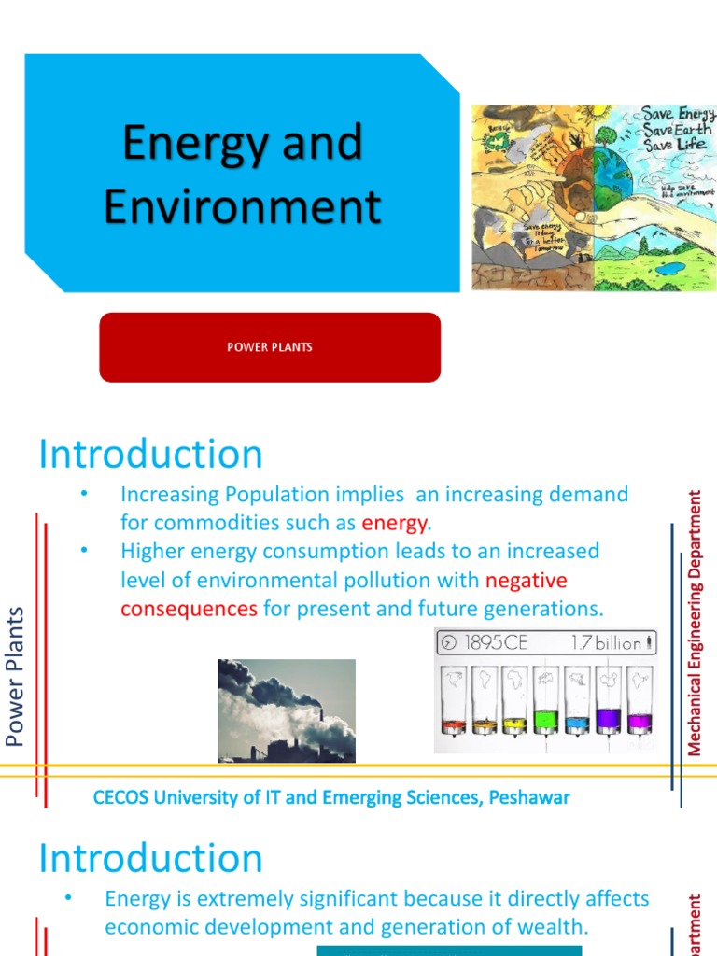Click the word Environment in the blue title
pyautogui.click(x=243, y=206)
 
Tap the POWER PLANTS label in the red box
pyautogui.click(x=270, y=347)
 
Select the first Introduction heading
pyautogui.click(x=150, y=455)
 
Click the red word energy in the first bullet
pyautogui.click(x=394, y=523)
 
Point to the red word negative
pyautogui.click(x=526, y=581)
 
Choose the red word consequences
pyautogui.click(x=189, y=610)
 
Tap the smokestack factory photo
pyautogui.click(x=287, y=710)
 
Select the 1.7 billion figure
pyautogui.click(x=606, y=642)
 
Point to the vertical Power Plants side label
pyautogui.click(x=15, y=676)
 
